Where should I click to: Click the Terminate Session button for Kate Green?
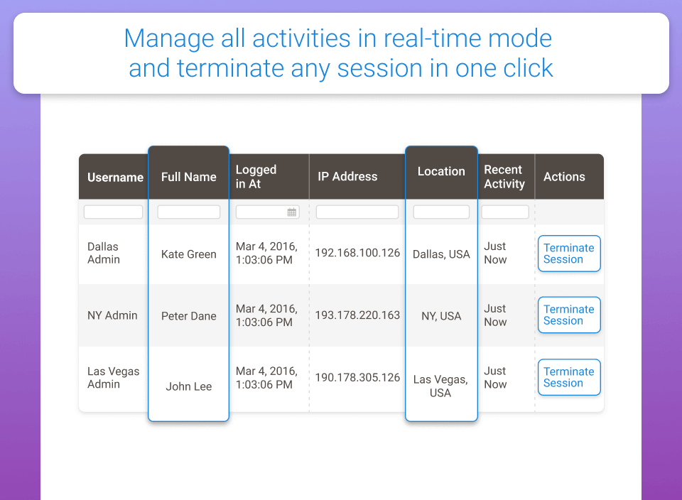[569, 254]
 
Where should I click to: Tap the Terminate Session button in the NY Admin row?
[569, 315]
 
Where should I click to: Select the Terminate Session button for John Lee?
[569, 377]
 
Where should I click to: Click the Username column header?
[115, 178]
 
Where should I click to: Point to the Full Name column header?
[189, 177]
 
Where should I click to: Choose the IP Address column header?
[347, 177]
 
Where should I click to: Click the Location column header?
[441, 171]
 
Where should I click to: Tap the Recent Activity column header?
[504, 177]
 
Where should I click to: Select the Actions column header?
[564, 177]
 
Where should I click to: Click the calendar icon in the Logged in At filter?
[292, 212]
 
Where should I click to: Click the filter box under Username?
[113, 212]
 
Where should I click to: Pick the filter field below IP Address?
[357, 212]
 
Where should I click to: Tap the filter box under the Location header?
[441, 212]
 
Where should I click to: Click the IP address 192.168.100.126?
[357, 253]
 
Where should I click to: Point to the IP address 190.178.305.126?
[357, 377]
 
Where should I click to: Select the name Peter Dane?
[189, 316]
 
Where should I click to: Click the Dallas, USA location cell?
[441, 254]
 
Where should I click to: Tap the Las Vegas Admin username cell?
[113, 377]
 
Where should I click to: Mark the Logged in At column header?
[256, 177]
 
